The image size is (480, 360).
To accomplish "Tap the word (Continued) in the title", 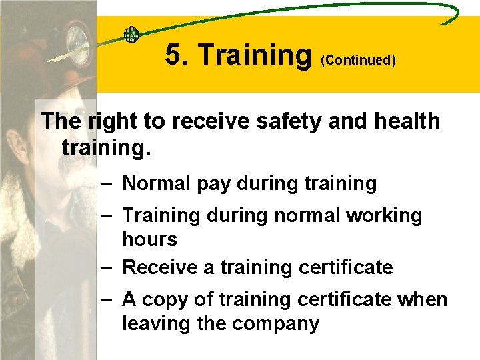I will coord(359,61).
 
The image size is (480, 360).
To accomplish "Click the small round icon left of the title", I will coord(131,34).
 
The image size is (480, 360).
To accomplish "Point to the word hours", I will coord(149,239).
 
